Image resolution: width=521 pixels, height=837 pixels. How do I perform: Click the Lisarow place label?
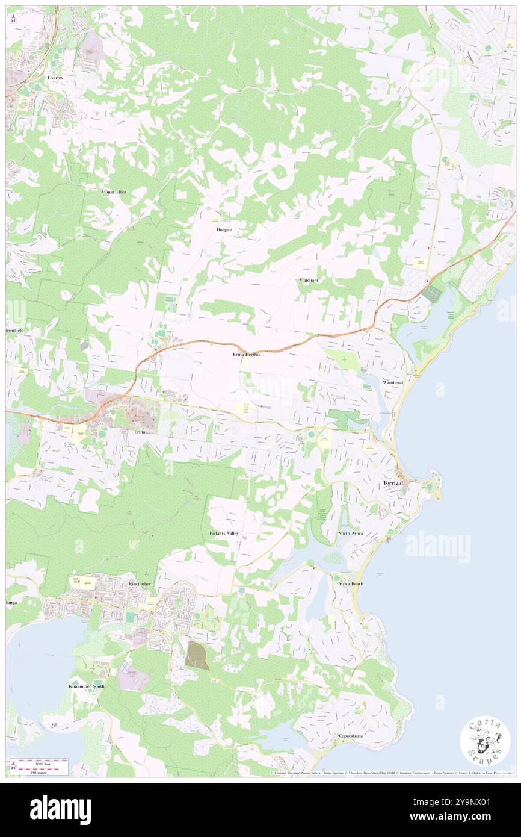click(x=55, y=78)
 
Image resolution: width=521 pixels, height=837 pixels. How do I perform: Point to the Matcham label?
click(x=309, y=281)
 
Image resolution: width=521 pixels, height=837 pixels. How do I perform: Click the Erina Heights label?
click(x=247, y=355)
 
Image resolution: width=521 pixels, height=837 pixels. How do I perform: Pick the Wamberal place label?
click(x=395, y=383)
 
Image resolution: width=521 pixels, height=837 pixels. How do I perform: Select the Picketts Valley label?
click(x=224, y=534)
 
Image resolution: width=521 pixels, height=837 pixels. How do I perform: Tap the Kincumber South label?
click(x=87, y=686)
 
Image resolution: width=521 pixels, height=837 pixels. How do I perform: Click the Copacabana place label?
click(x=353, y=736)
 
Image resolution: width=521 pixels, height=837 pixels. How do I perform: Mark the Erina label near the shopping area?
click(x=140, y=432)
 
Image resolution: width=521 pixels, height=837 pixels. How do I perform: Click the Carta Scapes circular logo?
click(x=486, y=741)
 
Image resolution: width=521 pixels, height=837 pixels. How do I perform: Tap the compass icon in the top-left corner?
click(x=13, y=18)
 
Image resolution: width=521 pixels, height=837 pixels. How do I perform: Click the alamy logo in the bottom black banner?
click(x=60, y=810)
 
